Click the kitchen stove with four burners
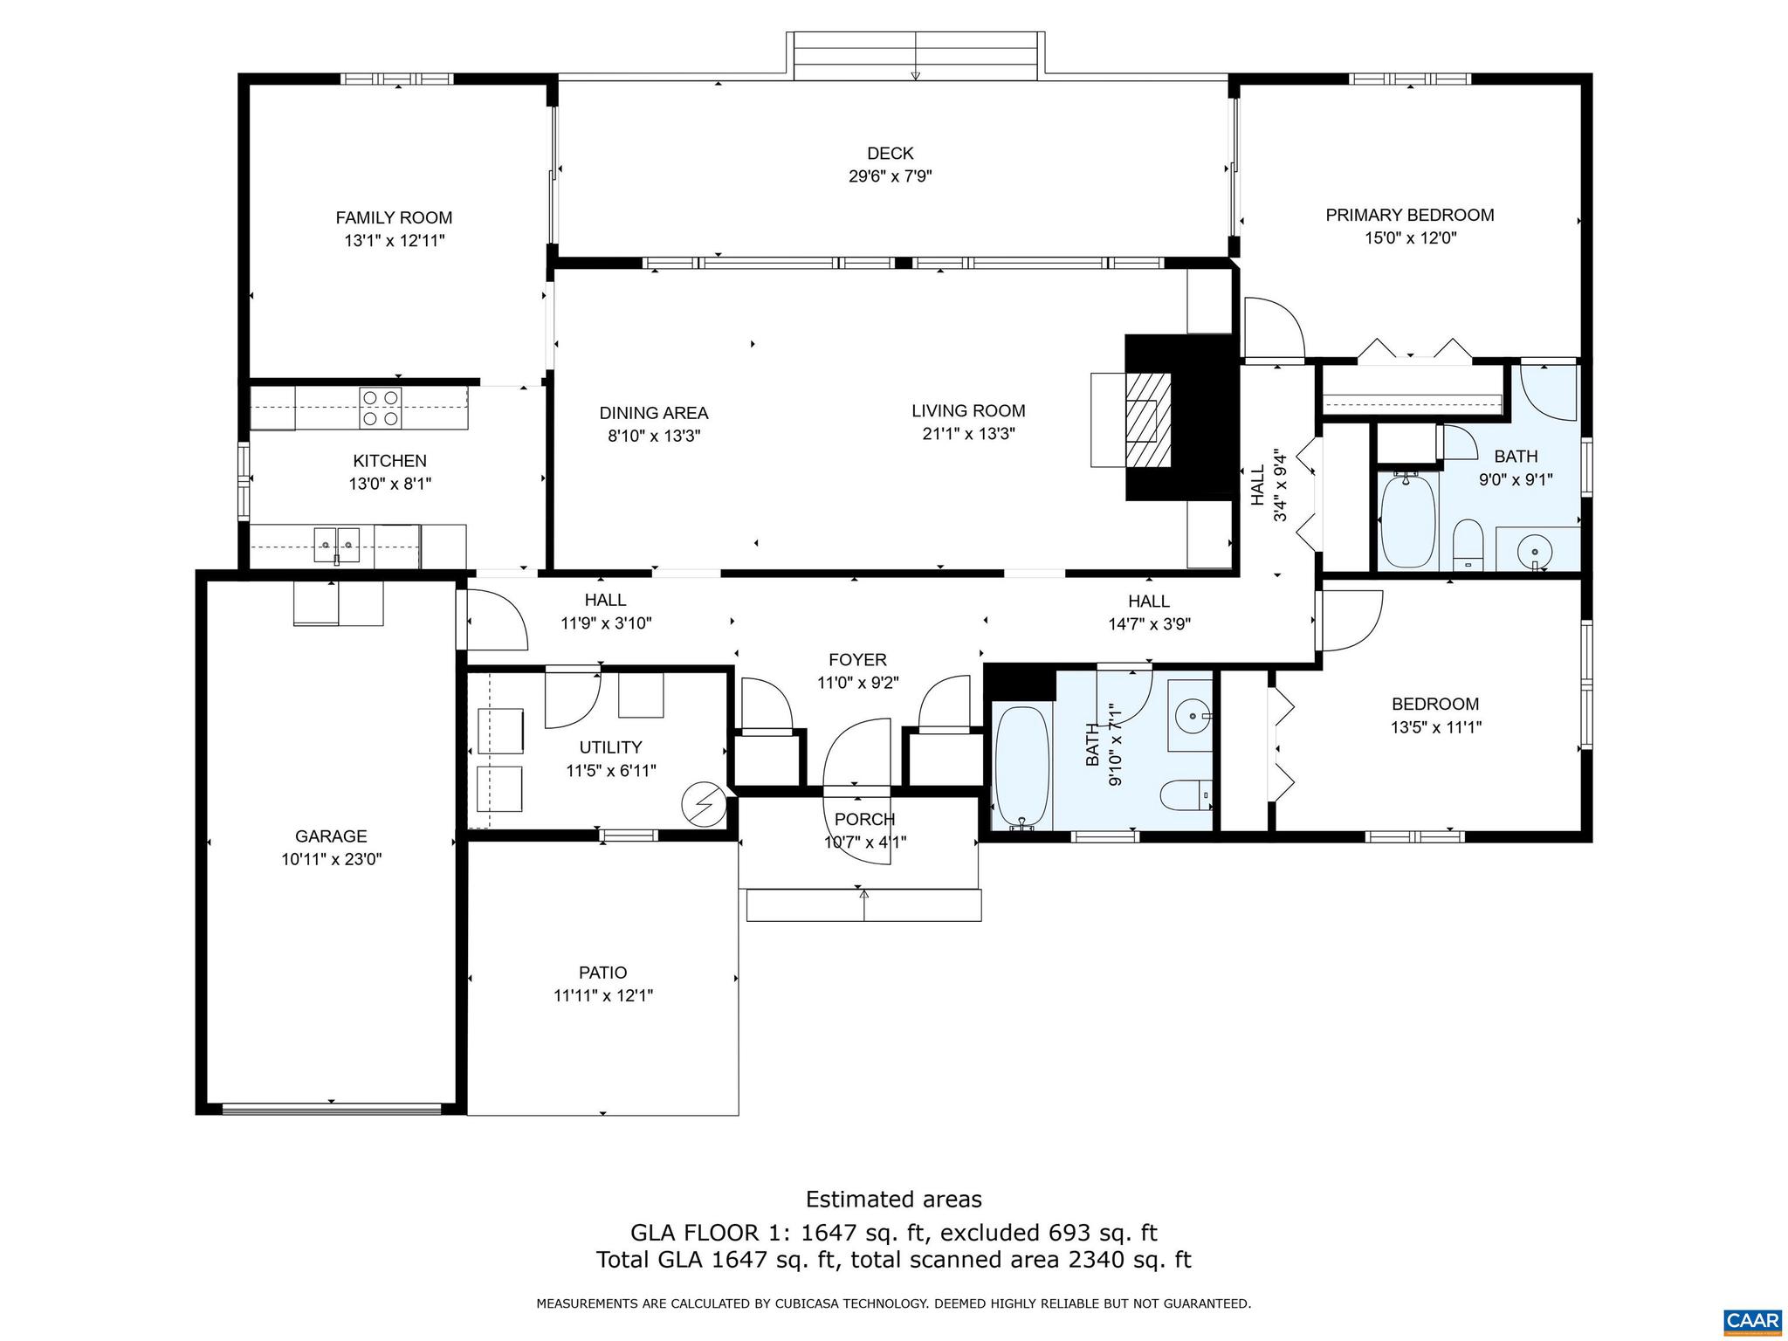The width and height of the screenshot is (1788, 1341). pos(381,408)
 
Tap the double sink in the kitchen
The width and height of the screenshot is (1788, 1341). pos(336,545)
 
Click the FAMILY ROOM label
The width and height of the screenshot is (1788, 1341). pos(394,217)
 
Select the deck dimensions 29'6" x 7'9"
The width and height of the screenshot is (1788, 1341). pos(890,175)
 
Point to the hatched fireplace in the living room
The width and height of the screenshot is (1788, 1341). pos(1148,419)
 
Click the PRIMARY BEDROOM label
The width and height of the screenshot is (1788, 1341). pos(1409,215)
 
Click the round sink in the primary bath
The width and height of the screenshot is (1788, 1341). pos(1534,551)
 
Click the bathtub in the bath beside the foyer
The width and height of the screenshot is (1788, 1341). pos(1021,766)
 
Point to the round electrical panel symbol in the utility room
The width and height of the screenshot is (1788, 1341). pos(704,803)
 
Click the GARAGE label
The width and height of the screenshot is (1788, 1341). pos(331,836)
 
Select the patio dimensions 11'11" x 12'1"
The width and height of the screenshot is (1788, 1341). pos(602,995)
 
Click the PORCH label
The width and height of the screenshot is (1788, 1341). pos(864,819)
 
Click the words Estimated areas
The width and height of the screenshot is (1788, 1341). pos(893,1199)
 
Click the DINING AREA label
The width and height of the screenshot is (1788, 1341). pos(653,413)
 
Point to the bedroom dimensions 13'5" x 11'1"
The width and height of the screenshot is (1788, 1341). pos(1435,726)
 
